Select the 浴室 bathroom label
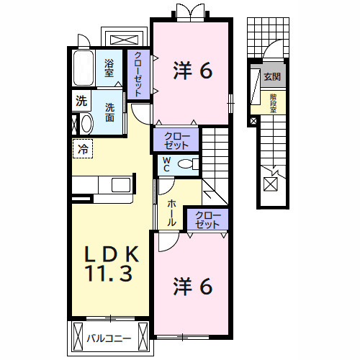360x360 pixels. click(x=109, y=68)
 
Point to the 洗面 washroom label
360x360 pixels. click(x=110, y=112)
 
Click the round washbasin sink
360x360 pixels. click(x=86, y=124)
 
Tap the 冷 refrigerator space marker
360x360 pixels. click(x=84, y=150)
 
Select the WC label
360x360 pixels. click(x=166, y=164)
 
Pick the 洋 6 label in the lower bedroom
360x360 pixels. click(x=193, y=287)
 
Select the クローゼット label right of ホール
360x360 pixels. click(x=207, y=220)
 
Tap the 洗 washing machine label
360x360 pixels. click(x=81, y=102)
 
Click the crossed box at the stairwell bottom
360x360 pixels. click(x=271, y=184)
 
